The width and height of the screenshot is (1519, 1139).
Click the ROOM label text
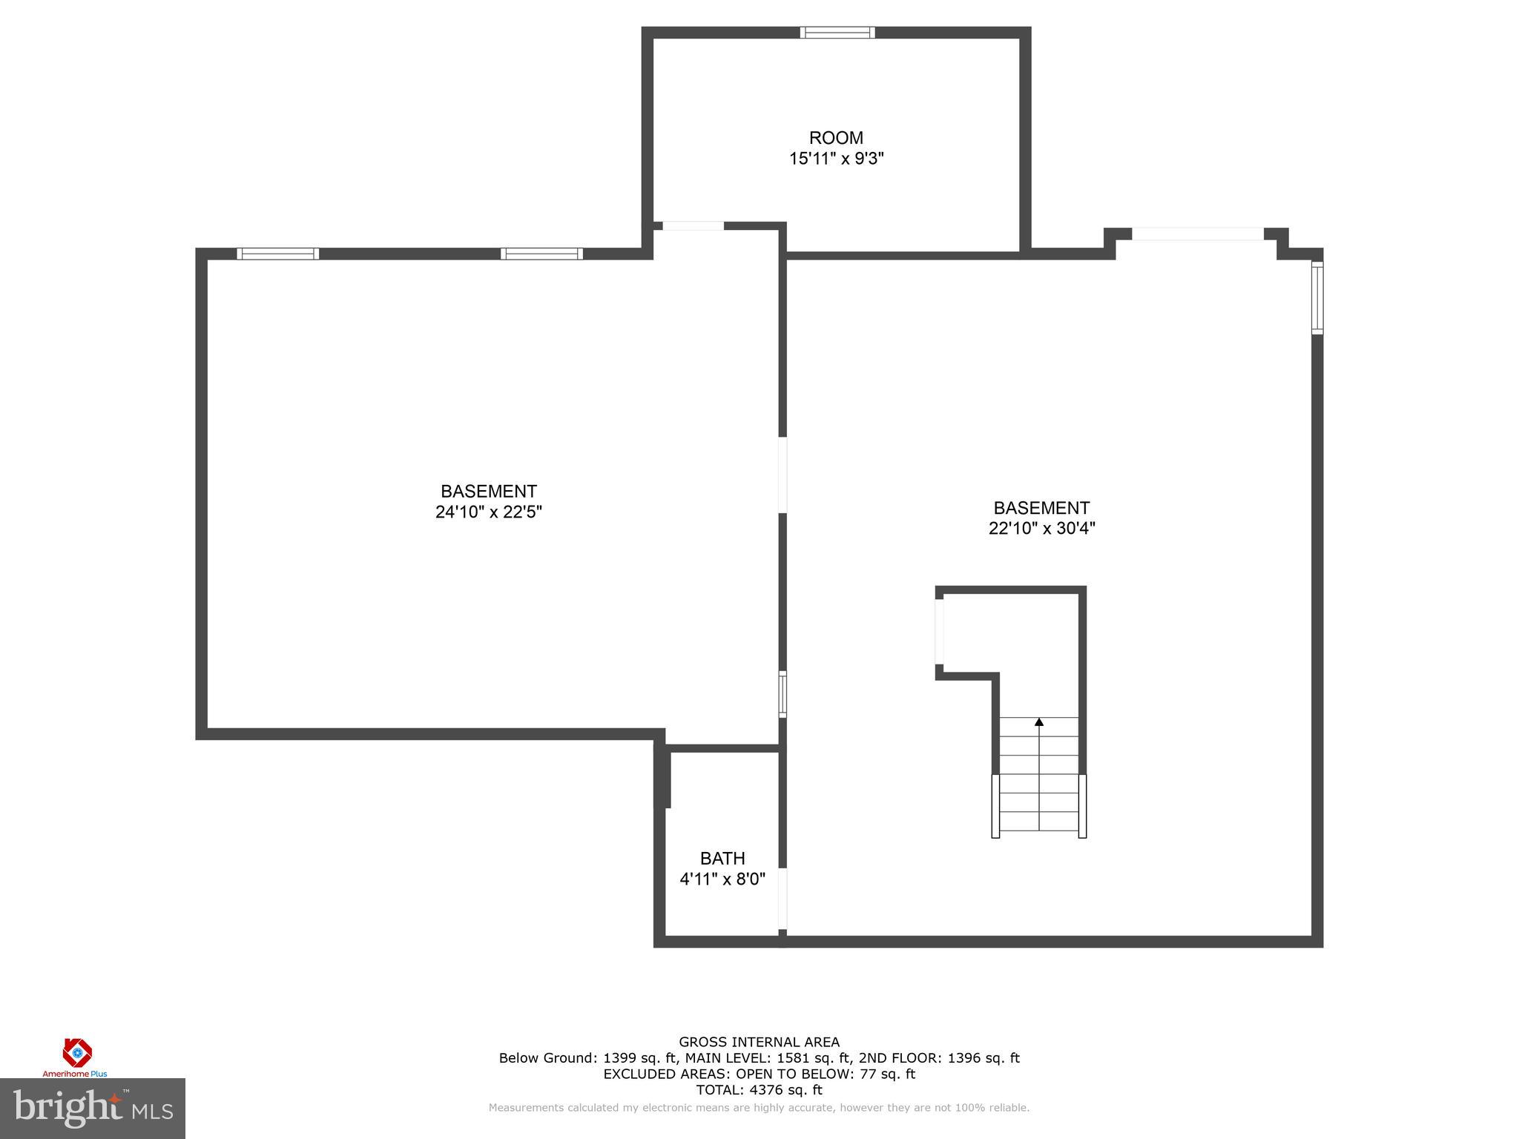click(836, 138)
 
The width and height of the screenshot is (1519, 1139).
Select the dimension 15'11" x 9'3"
click(836, 159)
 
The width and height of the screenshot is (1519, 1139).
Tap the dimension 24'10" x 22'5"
click(488, 512)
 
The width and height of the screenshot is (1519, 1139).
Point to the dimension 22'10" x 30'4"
click(1041, 529)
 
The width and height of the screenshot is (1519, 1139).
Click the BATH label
click(722, 859)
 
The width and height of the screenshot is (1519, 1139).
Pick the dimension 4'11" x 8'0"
click(722, 879)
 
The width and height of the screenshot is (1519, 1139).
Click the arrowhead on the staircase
click(1039, 722)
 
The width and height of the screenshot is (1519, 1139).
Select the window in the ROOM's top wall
click(837, 33)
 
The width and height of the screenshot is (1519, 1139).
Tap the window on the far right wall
click(1317, 298)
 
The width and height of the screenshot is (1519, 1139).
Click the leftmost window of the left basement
click(278, 254)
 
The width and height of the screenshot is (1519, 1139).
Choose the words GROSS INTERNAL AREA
click(759, 1042)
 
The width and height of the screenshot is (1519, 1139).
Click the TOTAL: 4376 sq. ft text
click(759, 1090)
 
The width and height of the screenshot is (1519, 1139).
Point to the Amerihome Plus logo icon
click(77, 1052)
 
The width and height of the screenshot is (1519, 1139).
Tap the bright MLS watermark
click(93, 1109)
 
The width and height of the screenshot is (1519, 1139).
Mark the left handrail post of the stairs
click(995, 806)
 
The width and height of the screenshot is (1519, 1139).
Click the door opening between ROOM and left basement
click(693, 226)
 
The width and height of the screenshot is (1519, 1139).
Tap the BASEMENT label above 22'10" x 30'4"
click(1041, 508)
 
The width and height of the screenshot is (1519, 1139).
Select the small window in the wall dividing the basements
click(782, 694)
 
